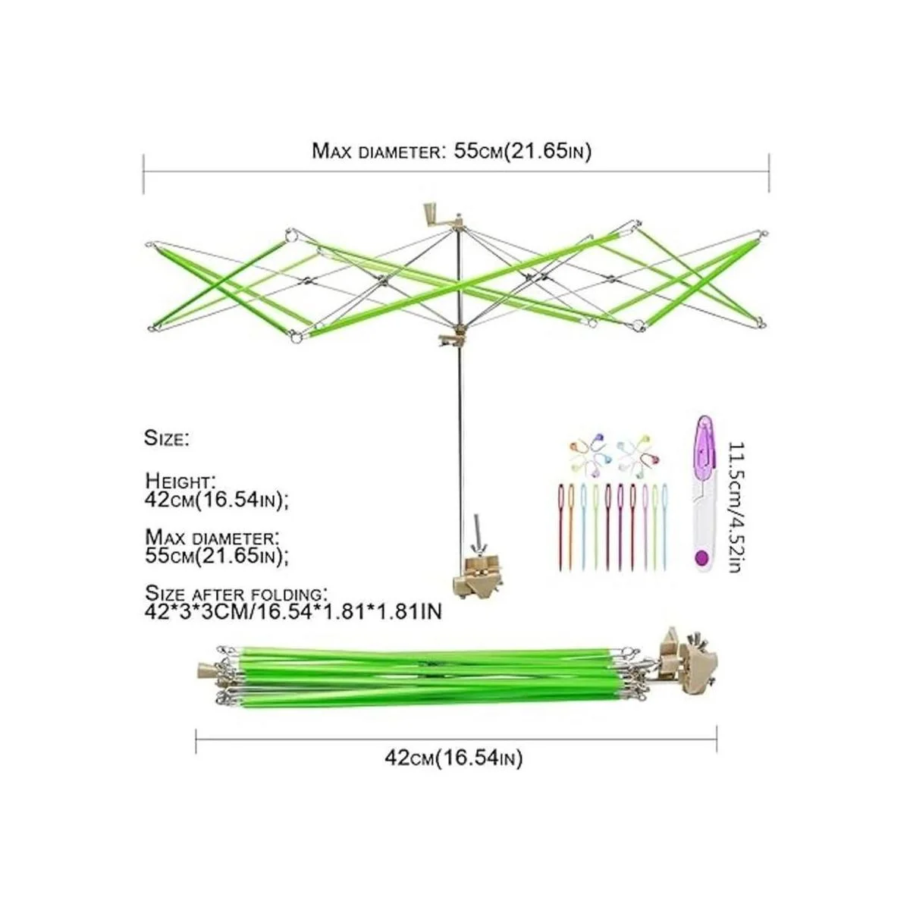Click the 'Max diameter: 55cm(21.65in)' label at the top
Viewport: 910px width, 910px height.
(x=451, y=152)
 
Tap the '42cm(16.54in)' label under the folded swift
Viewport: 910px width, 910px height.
(x=453, y=759)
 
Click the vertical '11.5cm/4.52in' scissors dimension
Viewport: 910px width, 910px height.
(x=736, y=507)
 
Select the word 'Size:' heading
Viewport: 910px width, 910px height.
(x=167, y=438)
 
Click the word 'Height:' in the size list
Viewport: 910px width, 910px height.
(x=180, y=481)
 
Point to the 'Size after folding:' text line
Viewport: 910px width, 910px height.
(x=234, y=593)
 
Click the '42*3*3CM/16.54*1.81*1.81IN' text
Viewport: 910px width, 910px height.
(x=293, y=611)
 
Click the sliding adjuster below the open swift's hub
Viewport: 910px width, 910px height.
(x=452, y=339)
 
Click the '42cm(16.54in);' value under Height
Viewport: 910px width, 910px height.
(x=217, y=500)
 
